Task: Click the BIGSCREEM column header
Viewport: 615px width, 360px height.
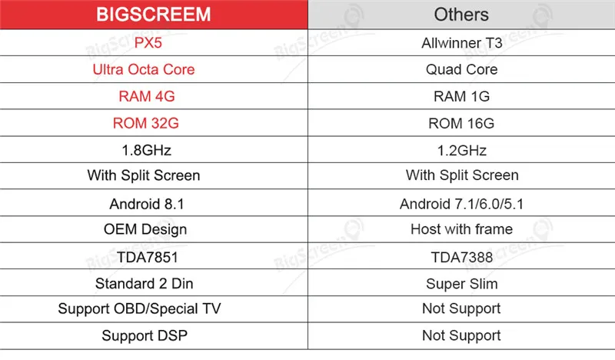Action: pos(153,15)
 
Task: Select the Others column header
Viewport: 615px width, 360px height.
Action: pos(461,15)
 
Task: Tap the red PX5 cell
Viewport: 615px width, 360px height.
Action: pos(148,43)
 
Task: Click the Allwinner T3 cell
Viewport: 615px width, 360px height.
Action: pos(462,43)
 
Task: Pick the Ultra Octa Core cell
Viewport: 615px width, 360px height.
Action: pos(144,69)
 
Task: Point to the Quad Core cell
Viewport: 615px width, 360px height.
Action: pos(462,69)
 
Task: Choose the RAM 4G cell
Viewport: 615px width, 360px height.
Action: pos(147,96)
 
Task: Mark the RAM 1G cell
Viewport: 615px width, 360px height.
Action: pos(462,96)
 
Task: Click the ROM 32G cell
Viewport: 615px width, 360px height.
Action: pos(146,123)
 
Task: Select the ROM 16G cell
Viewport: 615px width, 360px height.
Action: pos(461,123)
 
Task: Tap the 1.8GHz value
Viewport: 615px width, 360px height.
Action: pos(146,150)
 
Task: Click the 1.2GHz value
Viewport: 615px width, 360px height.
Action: pos(462,150)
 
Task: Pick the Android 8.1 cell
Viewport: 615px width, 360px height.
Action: pos(147,204)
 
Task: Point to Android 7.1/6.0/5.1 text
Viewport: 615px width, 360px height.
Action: pos(462,204)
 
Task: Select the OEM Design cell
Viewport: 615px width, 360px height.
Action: pos(145,229)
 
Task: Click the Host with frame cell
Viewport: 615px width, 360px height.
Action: pos(462,229)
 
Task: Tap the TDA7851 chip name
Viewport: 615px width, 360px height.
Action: pos(148,257)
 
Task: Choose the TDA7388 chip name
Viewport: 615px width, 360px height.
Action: pos(462,257)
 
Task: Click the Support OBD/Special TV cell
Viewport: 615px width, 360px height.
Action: pos(139,309)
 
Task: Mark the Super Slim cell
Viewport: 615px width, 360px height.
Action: pos(462,284)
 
